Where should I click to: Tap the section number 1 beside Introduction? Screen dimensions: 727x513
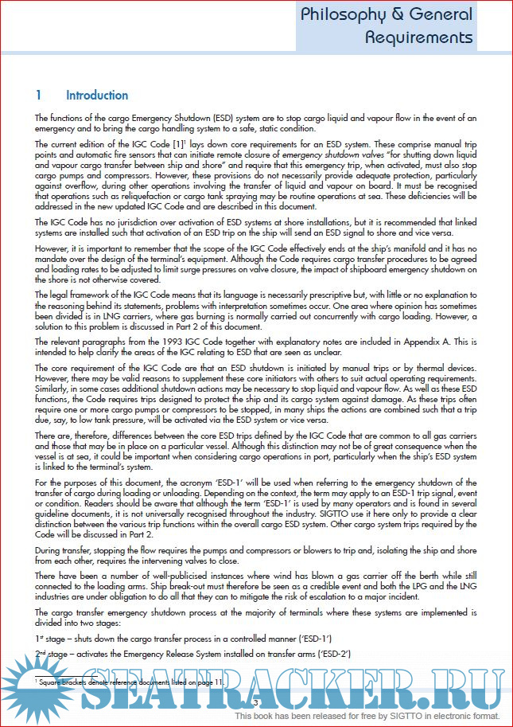point(38,96)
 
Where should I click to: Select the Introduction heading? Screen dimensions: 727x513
point(97,96)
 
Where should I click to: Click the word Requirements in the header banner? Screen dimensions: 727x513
point(419,37)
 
